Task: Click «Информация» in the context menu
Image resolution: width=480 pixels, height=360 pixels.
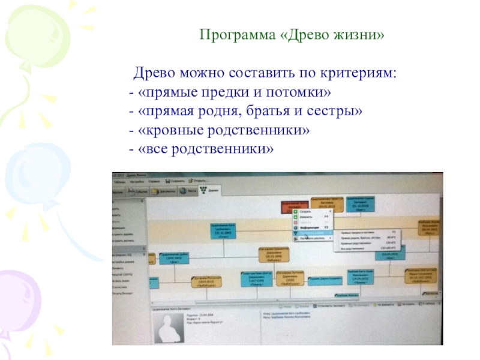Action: [x=311, y=227]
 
